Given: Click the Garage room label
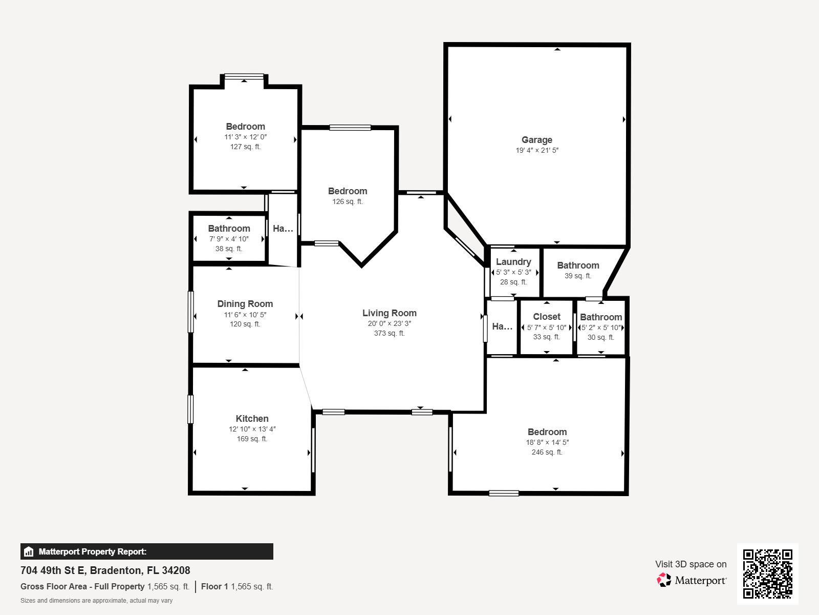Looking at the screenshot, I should (x=536, y=140).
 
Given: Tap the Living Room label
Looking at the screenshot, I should (x=389, y=313).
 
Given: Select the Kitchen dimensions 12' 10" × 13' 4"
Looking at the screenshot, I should (x=252, y=429).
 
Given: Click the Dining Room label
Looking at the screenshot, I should (x=245, y=304).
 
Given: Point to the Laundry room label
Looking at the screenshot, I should (x=513, y=262).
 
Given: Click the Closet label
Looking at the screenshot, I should (x=546, y=317).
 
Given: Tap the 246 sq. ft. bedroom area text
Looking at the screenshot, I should (x=547, y=452).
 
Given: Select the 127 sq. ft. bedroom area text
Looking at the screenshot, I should (x=245, y=147).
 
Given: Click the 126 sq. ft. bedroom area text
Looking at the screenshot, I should (x=347, y=201).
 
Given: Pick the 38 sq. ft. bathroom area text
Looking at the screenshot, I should (x=228, y=249).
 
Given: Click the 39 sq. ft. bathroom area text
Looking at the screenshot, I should (x=577, y=276).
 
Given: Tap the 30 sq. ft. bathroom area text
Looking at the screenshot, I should (x=600, y=337).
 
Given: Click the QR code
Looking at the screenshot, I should (x=767, y=573).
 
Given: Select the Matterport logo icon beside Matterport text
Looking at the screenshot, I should (x=664, y=580).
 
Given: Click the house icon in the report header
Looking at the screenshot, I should (x=29, y=551).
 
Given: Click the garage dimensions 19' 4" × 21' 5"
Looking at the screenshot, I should (x=536, y=150).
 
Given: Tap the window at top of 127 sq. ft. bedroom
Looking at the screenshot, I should (x=244, y=76).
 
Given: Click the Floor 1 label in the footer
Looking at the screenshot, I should (x=214, y=586).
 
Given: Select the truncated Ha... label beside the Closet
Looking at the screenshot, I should (x=502, y=326).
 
